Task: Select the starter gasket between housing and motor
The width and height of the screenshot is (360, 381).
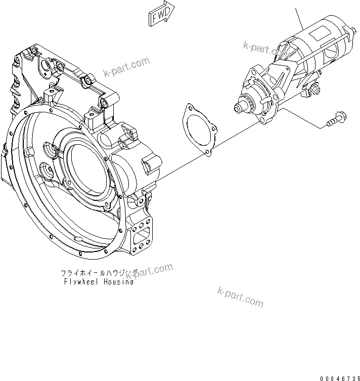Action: tap(199, 130)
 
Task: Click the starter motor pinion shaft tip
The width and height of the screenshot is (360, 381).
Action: tap(237, 107)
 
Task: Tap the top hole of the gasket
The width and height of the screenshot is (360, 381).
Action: tap(190, 108)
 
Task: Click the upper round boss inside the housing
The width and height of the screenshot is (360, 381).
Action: tap(53, 150)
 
